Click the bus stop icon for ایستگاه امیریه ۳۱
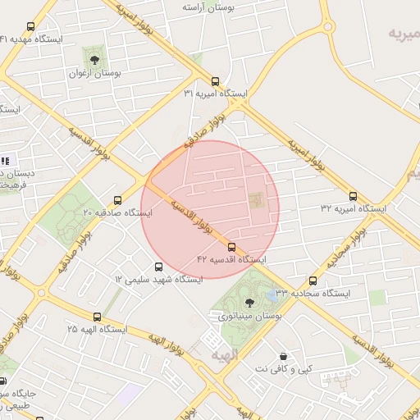(x=215, y=81)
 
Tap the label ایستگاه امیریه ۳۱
(x=215, y=94)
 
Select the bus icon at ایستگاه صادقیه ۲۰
(x=117, y=199)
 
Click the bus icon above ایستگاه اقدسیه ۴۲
(x=231, y=246)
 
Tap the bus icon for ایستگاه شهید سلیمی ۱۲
(x=158, y=266)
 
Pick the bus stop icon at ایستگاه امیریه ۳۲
(x=354, y=196)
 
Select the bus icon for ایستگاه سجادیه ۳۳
(x=312, y=280)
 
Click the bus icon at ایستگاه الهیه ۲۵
(x=98, y=316)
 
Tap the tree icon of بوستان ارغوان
(x=94, y=60)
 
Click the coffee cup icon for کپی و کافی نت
(x=283, y=357)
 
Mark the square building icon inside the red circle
(x=254, y=199)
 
